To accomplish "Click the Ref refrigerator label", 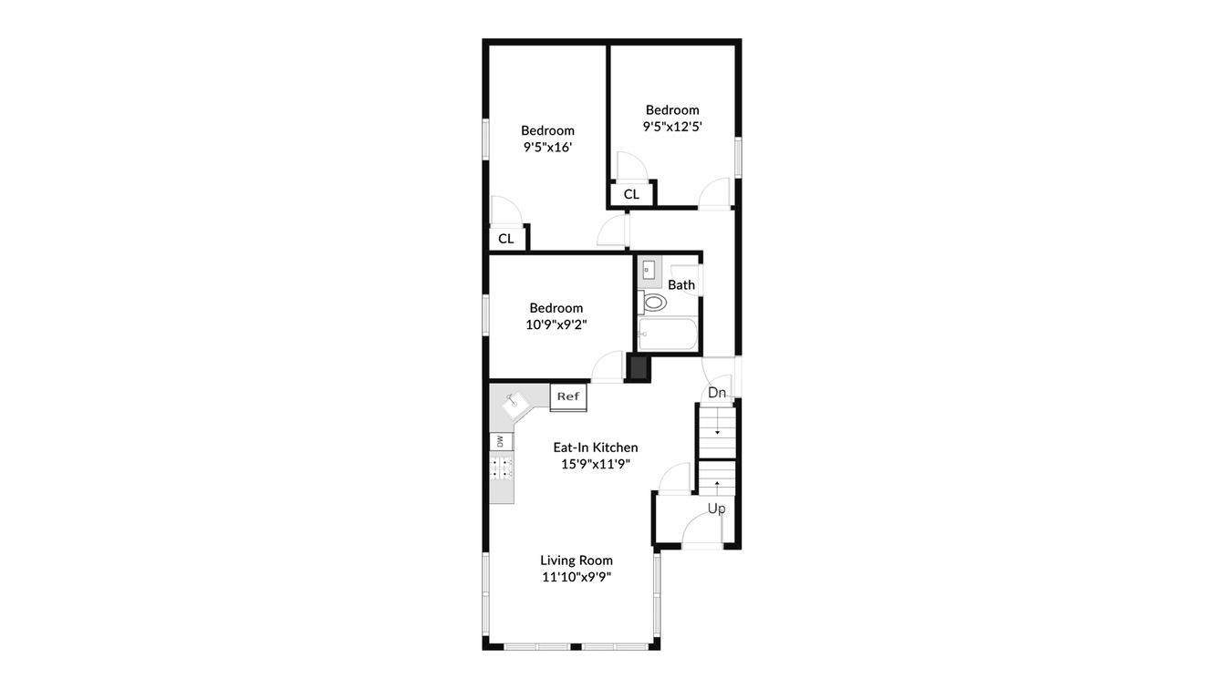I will [x=568, y=396].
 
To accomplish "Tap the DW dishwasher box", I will [x=500, y=441].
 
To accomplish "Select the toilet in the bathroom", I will [x=653, y=302].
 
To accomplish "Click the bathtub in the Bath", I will [x=668, y=334].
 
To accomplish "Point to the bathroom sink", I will [x=649, y=270].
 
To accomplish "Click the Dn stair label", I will [x=718, y=393].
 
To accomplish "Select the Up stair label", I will [x=717, y=509].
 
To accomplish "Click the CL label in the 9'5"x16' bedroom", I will [x=506, y=239].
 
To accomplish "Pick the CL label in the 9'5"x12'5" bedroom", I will [x=631, y=194].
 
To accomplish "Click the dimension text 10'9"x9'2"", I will [x=556, y=324].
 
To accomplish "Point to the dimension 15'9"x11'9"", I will [x=596, y=464].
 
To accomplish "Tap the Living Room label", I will [x=577, y=560].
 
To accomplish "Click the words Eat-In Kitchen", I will [x=596, y=447].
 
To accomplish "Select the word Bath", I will [x=681, y=284].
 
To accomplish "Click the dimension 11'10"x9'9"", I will [x=576, y=577].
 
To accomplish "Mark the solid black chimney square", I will [x=639, y=368].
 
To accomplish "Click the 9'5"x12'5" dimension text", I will [x=672, y=127].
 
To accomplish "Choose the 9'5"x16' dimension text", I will [x=547, y=147].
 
